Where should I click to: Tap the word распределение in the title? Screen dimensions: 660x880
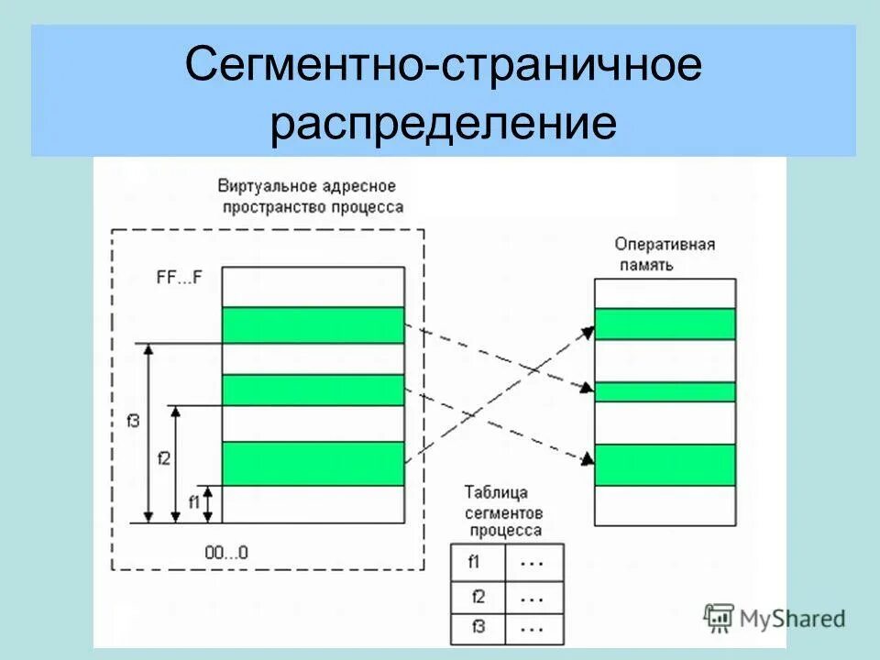click(x=443, y=125)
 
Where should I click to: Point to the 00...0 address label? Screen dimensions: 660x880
click(x=226, y=553)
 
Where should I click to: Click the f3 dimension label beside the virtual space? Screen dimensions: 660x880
click(x=134, y=423)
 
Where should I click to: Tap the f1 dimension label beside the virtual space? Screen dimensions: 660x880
click(x=193, y=501)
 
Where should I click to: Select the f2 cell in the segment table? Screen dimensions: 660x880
click(x=477, y=597)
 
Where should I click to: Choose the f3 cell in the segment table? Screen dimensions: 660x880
click(x=477, y=629)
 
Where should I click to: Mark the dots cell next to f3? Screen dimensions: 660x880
click(x=531, y=629)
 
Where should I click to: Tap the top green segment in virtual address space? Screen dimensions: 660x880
click(x=313, y=324)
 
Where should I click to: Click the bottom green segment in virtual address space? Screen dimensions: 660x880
click(x=313, y=463)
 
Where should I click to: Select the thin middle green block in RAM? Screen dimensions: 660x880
click(x=665, y=391)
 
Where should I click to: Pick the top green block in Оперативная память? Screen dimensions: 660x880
click(x=665, y=324)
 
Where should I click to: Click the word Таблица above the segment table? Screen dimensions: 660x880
click(x=496, y=492)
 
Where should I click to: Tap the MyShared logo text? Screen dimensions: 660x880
click(x=795, y=619)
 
